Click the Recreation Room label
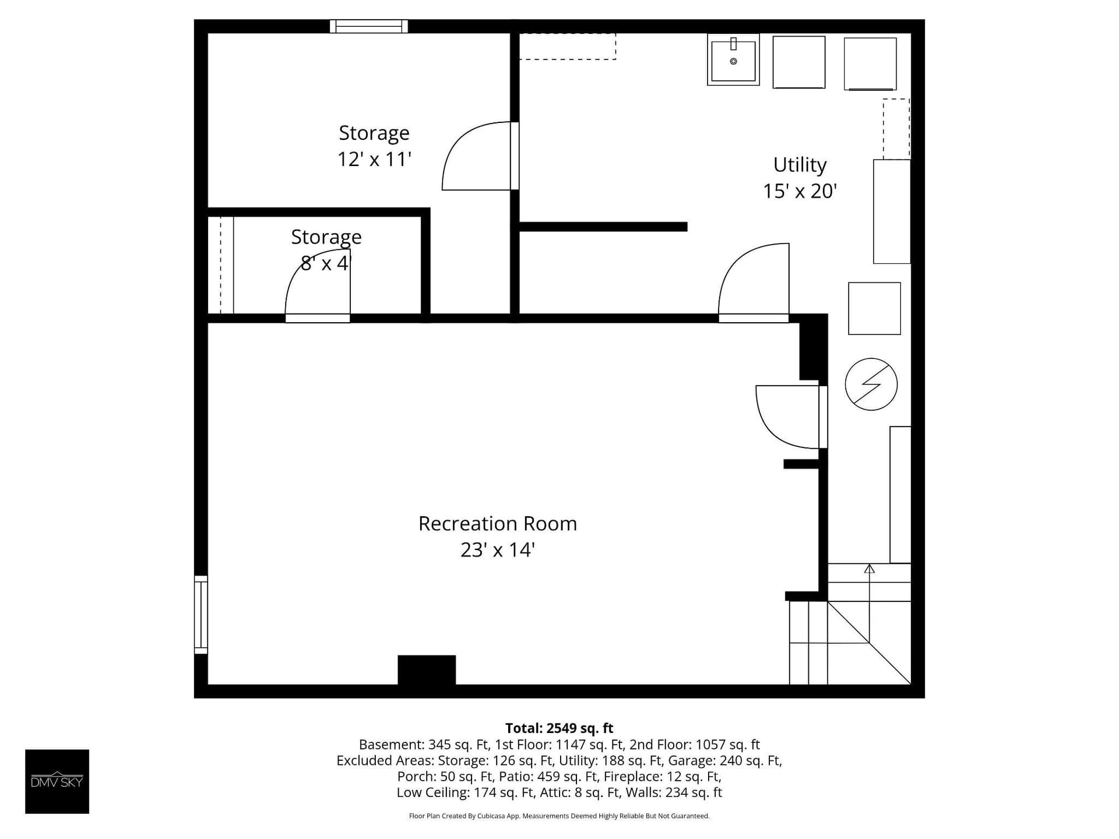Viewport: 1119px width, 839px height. [498, 523]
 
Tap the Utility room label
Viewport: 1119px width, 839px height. [800, 165]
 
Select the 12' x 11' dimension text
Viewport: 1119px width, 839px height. [374, 159]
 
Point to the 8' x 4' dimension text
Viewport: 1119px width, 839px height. [326, 263]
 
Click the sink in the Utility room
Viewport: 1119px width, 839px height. [733, 59]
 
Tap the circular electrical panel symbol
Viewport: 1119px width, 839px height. [871, 384]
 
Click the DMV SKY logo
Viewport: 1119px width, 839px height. [57, 781]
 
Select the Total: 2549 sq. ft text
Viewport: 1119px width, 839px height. [559, 728]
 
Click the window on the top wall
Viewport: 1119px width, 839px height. [369, 26]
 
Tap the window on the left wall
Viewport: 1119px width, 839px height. [200, 615]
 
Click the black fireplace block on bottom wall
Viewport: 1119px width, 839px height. [427, 670]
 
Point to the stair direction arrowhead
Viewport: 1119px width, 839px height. [869, 569]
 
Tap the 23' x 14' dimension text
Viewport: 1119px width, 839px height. [498, 550]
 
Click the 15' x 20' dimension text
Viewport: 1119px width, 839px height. [800, 191]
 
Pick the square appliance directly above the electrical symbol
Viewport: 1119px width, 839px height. [874, 308]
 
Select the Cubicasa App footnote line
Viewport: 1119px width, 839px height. [559, 816]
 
